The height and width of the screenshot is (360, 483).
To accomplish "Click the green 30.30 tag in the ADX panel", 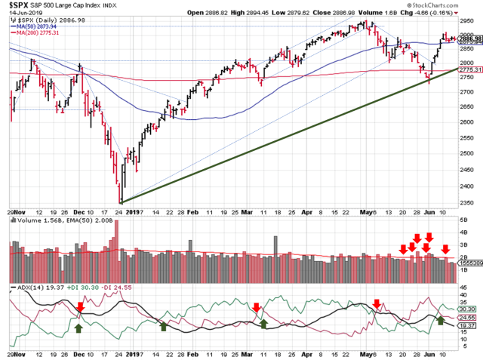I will [467, 309].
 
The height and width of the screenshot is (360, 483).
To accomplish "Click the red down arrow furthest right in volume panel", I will [446, 250].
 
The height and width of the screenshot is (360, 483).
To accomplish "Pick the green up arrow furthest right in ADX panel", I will [440, 321].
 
